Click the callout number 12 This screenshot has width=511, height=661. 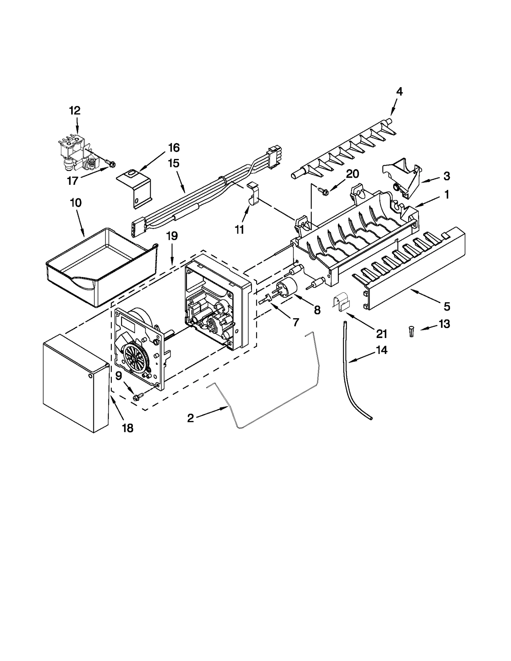(75, 111)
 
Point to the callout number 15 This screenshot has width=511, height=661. (174, 163)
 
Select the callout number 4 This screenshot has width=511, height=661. (399, 92)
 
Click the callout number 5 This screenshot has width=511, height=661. (446, 306)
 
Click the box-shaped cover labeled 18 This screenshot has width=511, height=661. (75, 383)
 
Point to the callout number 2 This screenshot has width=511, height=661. (190, 418)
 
